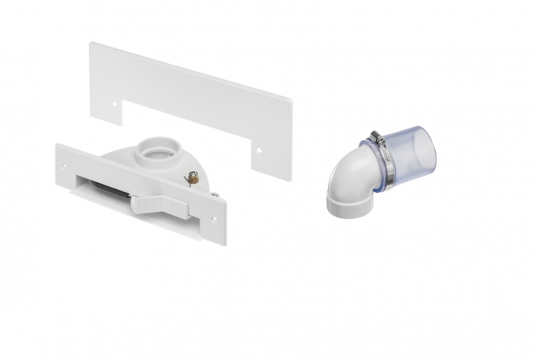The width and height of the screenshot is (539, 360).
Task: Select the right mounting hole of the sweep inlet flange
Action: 215,216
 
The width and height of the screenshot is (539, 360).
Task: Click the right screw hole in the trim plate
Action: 261,149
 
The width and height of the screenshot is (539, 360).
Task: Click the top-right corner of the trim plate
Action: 290,95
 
